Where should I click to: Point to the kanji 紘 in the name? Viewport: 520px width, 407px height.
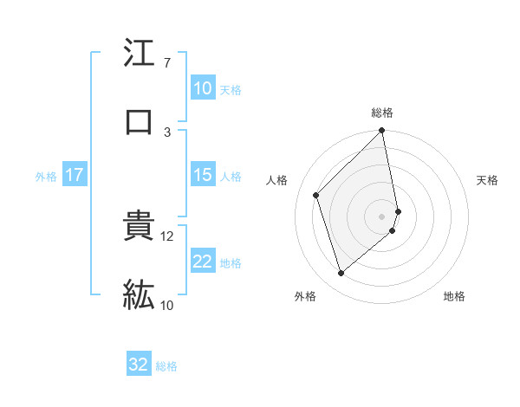coord(139,295)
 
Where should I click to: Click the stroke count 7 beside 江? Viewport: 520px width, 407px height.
coord(167,63)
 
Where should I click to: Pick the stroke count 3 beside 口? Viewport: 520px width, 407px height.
coord(167,132)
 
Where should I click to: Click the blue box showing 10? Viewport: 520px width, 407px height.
coord(203,88)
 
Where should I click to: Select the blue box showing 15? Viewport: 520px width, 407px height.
coord(203,175)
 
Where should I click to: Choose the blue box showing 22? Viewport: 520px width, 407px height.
coord(203,262)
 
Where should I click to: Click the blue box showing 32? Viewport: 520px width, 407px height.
coord(139,365)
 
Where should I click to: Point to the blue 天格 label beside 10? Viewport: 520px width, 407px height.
coord(231,89)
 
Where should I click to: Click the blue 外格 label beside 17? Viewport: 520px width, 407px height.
coord(46,177)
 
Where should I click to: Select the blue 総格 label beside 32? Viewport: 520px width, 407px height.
coord(166,366)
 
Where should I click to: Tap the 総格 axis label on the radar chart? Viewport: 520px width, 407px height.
coord(382,113)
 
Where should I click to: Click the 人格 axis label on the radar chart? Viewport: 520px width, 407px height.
coord(276,180)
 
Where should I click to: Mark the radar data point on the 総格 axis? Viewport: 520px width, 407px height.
coord(382,132)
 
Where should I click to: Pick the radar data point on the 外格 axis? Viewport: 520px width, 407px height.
coord(341,274)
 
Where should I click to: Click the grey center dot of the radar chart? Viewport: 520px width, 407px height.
coord(382,216)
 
